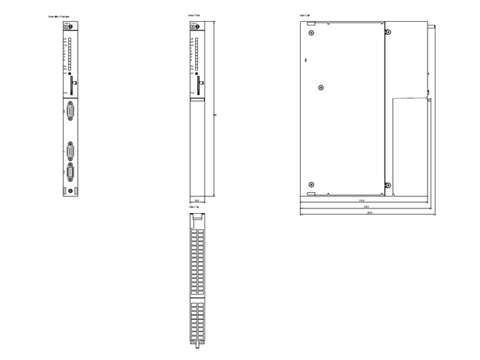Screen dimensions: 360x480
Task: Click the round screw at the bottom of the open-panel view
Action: point(70,191)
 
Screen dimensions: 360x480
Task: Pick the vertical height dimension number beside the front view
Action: point(216,115)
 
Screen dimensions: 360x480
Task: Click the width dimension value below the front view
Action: point(196,201)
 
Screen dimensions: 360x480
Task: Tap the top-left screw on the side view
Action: point(311,33)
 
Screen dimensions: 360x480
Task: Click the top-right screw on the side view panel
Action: point(387,33)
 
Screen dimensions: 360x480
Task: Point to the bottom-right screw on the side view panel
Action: point(387,184)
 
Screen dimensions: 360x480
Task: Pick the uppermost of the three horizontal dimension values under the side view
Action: point(361,200)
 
